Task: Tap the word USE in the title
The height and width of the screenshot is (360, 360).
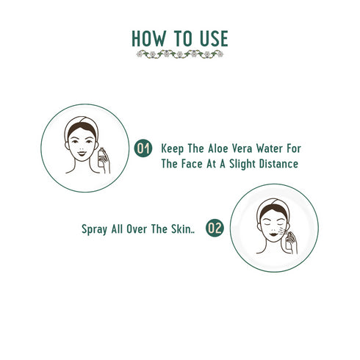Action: click(212, 38)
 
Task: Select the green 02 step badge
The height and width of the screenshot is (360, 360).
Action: click(215, 228)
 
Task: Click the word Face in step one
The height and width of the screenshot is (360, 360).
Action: click(192, 165)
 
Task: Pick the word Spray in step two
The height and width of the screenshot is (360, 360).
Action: click(95, 228)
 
